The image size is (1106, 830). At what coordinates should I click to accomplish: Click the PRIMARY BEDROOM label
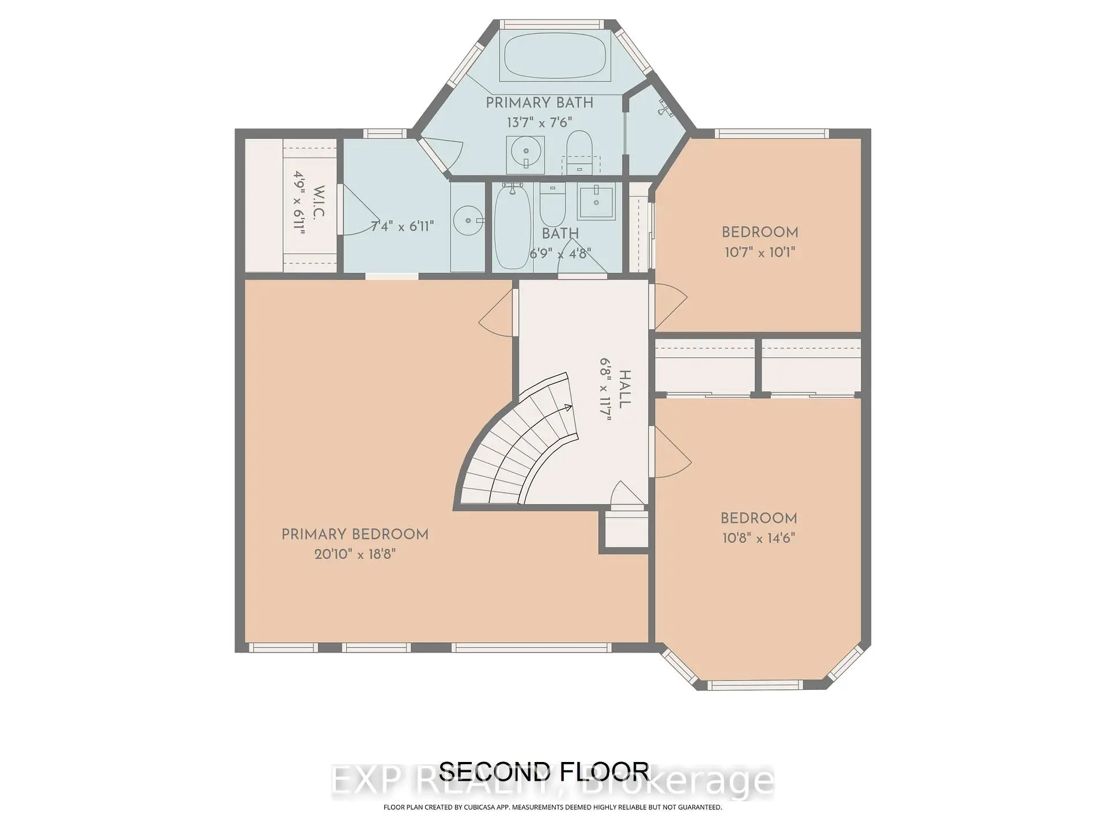tap(355, 535)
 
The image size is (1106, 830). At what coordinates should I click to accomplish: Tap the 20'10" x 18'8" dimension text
tap(355, 554)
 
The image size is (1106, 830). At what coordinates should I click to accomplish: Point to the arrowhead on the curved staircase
tap(568, 408)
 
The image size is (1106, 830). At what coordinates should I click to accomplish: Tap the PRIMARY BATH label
tap(539, 103)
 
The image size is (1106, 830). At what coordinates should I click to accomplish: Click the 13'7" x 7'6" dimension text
tap(539, 123)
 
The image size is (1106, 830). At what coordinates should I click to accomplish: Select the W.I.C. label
tap(319, 202)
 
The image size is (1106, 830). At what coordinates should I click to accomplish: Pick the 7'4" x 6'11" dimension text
tap(402, 227)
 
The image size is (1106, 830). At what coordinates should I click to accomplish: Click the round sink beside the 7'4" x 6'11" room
tap(468, 220)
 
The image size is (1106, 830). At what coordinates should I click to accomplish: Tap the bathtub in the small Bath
tap(512, 227)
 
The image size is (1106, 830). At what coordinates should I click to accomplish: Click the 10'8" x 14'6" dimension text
tap(759, 538)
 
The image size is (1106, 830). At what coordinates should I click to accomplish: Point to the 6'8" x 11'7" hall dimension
tap(605, 390)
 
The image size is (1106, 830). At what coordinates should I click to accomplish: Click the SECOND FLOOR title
tap(544, 771)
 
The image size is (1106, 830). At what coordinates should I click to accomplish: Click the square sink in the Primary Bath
tap(525, 154)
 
